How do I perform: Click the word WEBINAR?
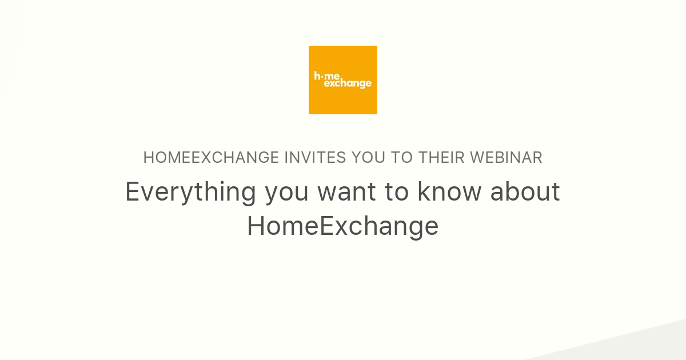coord(506,158)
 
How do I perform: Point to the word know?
coord(449,192)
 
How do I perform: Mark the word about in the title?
coord(525,192)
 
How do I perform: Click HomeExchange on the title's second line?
coord(343,226)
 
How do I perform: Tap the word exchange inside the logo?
coord(348,84)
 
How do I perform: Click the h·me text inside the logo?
coord(327,75)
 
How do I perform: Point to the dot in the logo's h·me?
coord(323,76)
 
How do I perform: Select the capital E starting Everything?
coord(133,192)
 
